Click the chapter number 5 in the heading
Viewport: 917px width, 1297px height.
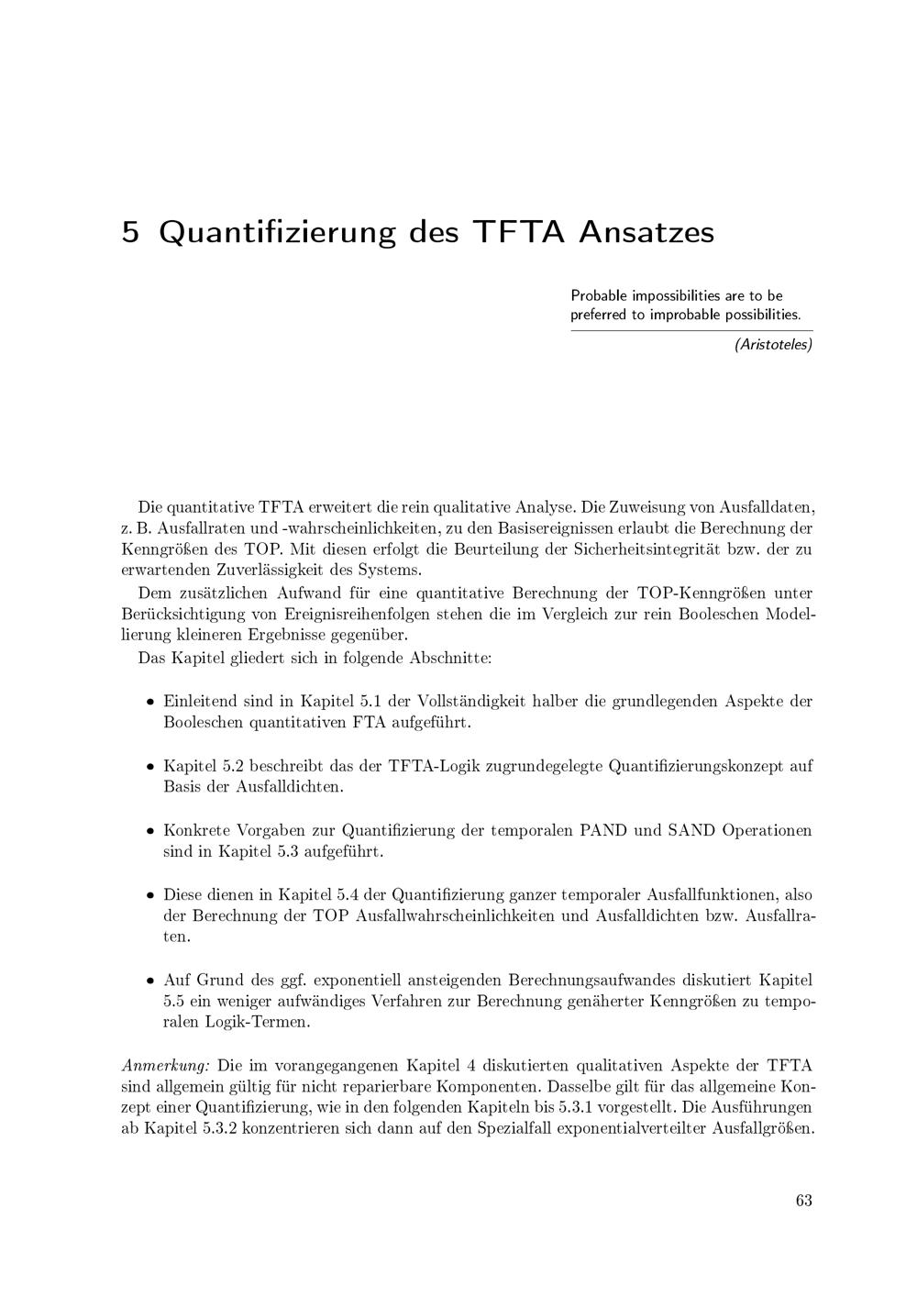[x=130, y=232]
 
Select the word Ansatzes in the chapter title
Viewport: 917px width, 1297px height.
[x=646, y=232]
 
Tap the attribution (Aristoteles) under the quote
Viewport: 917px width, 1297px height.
[x=773, y=345]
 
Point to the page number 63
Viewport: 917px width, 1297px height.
[x=804, y=1201]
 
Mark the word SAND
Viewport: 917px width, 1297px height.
[x=691, y=830]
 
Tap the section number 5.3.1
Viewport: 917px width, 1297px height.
[x=580, y=1108]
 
